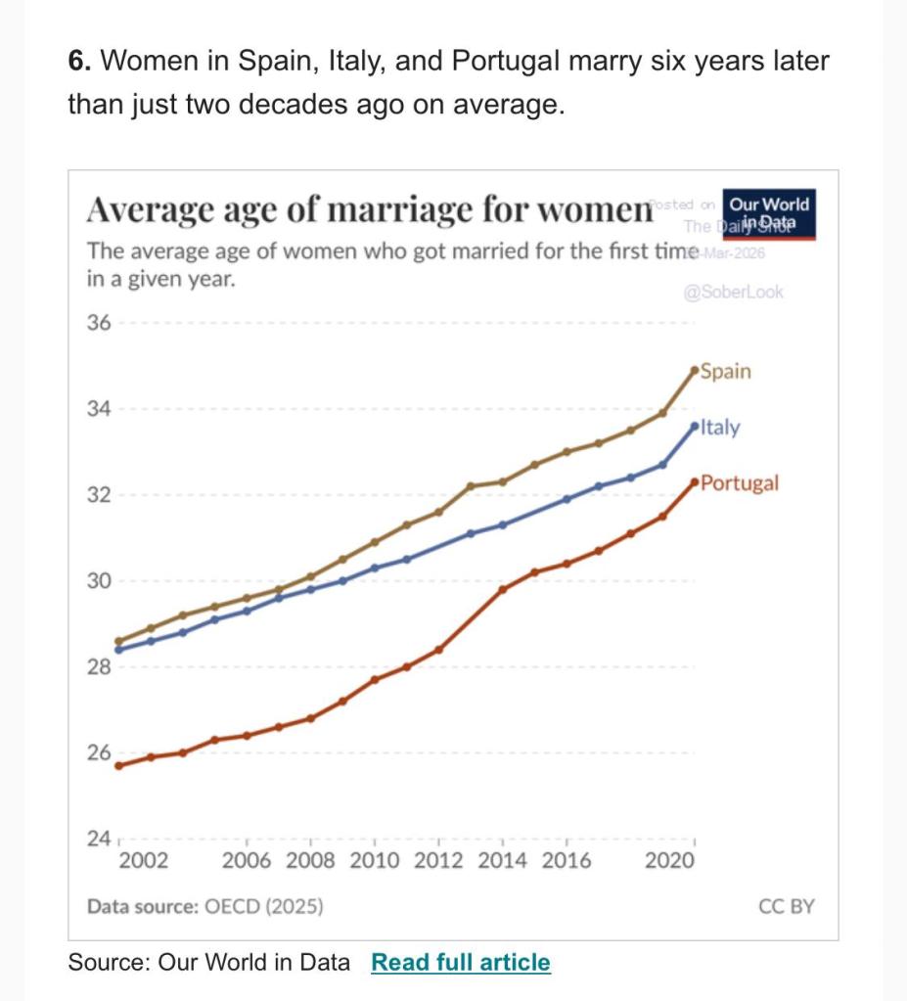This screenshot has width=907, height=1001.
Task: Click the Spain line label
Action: tap(726, 372)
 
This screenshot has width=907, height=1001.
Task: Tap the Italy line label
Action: tap(720, 428)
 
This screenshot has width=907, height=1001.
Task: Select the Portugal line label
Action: tap(740, 483)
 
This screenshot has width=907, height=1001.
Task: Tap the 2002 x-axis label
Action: tap(143, 861)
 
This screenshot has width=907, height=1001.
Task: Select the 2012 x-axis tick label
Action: tap(439, 861)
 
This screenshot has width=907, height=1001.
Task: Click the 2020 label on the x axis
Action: tap(670, 861)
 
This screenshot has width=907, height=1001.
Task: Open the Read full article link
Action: tap(461, 963)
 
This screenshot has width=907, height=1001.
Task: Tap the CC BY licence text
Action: tap(787, 906)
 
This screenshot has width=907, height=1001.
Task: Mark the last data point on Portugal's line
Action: tap(695, 482)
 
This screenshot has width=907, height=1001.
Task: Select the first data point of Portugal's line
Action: tap(118, 765)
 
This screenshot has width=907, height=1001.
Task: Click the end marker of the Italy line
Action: tap(695, 427)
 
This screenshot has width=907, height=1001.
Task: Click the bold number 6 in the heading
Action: tap(78, 62)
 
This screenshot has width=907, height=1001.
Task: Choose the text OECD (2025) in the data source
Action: tap(263, 906)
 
